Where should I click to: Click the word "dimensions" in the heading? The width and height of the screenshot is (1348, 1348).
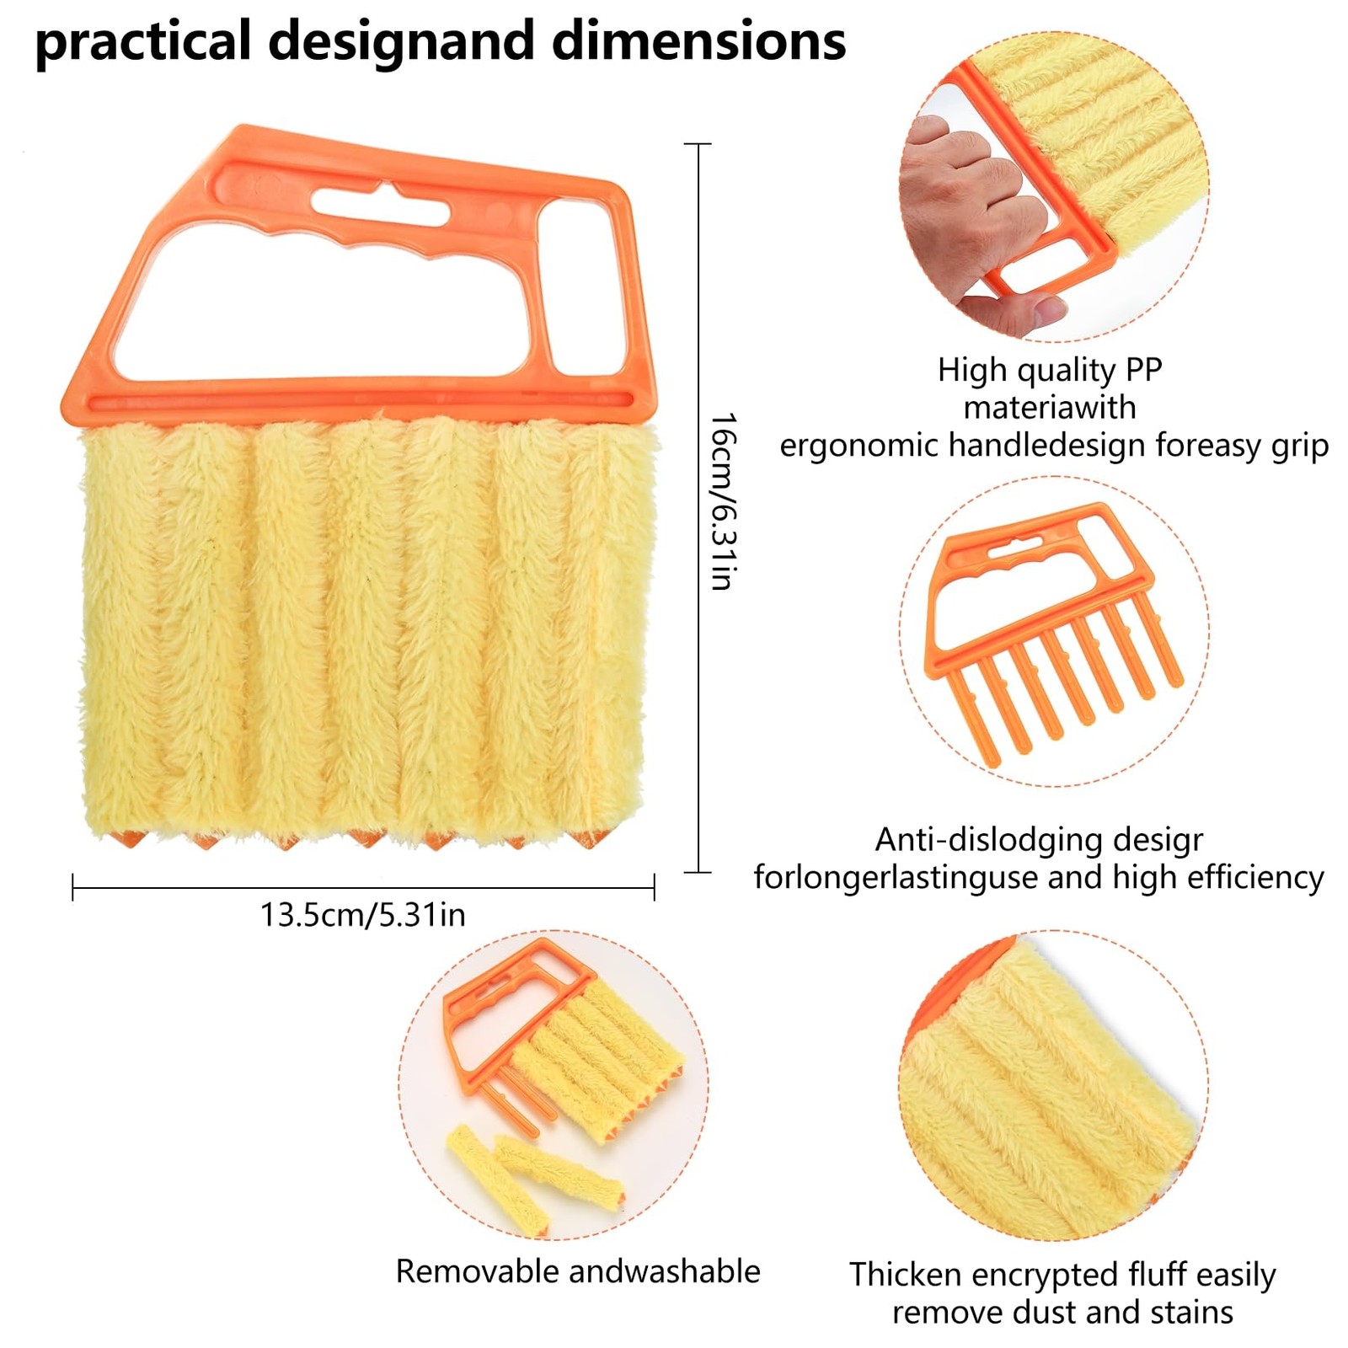[x=698, y=40]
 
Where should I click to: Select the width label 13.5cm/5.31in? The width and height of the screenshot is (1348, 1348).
[x=362, y=915]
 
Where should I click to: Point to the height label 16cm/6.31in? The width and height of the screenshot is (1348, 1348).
[x=722, y=501]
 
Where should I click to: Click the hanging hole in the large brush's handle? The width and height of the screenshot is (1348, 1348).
[x=379, y=205]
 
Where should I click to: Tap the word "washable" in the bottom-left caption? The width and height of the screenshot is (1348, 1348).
[x=694, y=1271]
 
